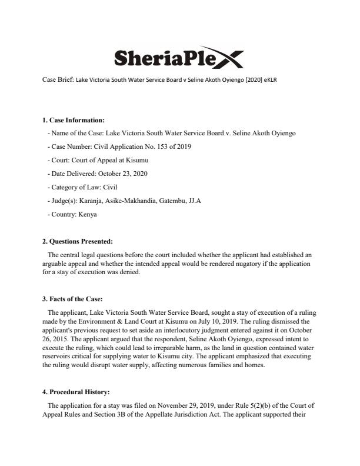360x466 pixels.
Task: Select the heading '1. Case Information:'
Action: (x=73, y=120)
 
